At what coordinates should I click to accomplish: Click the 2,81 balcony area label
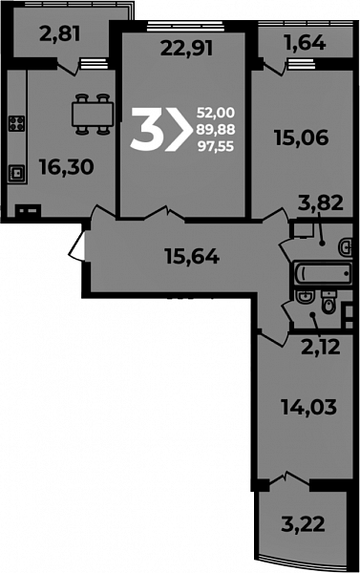tap(59, 34)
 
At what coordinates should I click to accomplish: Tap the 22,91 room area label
tap(186, 49)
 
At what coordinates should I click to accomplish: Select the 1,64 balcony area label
tap(305, 44)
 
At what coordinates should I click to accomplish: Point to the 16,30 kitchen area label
tap(67, 167)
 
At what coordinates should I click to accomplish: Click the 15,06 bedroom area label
tap(302, 138)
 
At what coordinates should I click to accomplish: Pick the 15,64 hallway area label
tap(192, 256)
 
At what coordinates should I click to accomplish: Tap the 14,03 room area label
tap(308, 407)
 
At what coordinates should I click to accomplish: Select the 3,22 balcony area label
tap(303, 524)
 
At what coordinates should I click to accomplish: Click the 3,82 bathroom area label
tap(321, 202)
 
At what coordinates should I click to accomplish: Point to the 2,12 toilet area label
tap(321, 347)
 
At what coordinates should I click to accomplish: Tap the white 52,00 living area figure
tap(216, 113)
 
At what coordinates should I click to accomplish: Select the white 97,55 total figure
tap(216, 146)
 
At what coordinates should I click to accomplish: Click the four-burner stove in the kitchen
tap(17, 123)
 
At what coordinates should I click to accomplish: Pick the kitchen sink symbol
tap(17, 174)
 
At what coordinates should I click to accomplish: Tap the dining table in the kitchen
tap(93, 115)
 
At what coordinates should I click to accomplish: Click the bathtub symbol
tap(322, 272)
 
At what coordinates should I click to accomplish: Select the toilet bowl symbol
tap(328, 302)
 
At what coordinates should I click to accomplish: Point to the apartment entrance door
tap(77, 246)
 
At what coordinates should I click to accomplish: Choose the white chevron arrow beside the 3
tap(179, 129)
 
